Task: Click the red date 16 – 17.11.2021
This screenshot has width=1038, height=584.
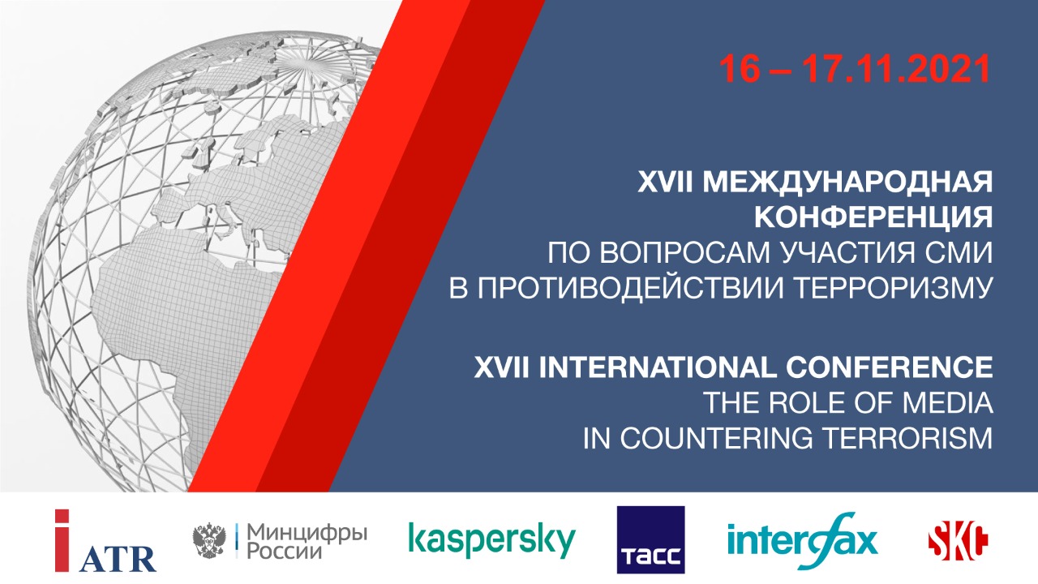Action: pos(855,69)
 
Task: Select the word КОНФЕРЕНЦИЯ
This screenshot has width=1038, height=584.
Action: pos(874,217)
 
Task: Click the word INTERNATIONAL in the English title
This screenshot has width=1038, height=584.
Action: pos(656,367)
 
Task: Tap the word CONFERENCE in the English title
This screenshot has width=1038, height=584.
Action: pos(890,367)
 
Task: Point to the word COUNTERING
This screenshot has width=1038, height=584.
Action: pos(716,438)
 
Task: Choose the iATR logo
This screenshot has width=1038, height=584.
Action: pos(105,541)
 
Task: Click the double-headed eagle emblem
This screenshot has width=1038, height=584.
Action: pos(209,541)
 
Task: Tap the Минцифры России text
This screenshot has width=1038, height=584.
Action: pos(307,541)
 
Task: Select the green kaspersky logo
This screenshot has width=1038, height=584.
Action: pos(492,540)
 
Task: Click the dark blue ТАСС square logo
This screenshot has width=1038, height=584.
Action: pos(650,540)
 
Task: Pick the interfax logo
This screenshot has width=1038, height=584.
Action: pos(802,541)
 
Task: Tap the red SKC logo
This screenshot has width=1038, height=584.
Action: pos(958,541)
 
